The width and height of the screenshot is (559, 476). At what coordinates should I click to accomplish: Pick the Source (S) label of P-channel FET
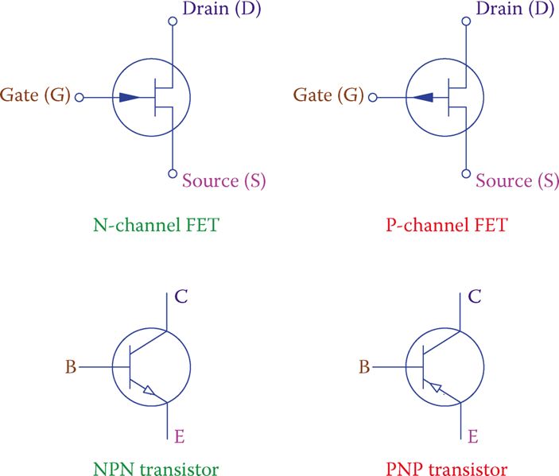point(517,181)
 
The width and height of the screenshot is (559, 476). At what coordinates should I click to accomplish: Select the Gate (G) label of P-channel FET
point(328,97)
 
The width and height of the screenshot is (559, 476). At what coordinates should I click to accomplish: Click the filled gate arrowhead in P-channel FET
point(423,98)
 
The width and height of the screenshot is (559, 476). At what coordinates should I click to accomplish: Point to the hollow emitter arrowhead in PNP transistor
point(434,387)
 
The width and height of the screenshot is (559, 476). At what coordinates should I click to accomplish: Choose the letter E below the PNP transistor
point(472,435)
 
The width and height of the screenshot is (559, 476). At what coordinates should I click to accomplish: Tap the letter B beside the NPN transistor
point(72,368)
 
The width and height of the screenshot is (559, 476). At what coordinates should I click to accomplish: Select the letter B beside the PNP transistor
point(365,368)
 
